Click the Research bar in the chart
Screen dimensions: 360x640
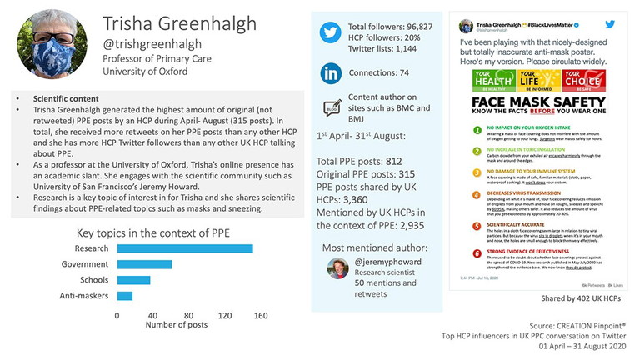click(185, 248)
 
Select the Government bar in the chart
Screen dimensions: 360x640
click(145, 264)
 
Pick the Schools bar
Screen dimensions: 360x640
click(133, 280)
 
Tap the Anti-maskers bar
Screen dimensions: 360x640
click(125, 296)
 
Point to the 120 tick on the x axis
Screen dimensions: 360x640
click(225, 316)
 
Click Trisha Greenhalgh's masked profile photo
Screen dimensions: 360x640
click(52, 42)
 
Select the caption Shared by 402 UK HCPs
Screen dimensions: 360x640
click(571, 297)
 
